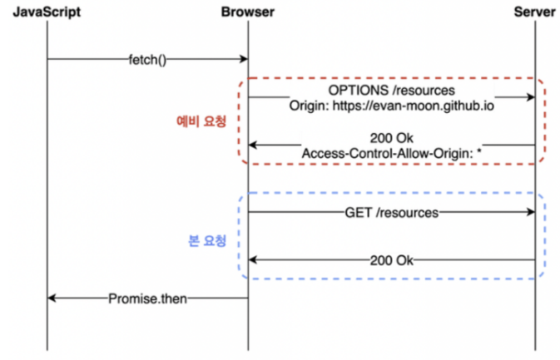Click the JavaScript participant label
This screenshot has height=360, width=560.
pos(47,12)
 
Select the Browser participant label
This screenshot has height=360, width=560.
pos(247,12)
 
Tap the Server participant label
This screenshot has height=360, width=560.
pos(534,12)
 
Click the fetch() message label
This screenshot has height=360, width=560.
pos(147,59)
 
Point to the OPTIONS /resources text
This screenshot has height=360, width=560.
pos(390,90)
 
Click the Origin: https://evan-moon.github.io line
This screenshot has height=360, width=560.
pos(390,105)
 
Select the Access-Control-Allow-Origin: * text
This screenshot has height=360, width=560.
pos(390,153)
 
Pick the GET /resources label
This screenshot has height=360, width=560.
pos(390,213)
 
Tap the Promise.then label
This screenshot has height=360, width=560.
pos(147,298)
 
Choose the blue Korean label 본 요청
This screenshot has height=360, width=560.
pos(204,242)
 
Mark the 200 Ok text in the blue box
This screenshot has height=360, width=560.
pos(390,261)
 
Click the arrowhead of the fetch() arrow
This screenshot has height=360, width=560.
pos(244,59)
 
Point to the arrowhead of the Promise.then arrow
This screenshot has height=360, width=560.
pos(52,298)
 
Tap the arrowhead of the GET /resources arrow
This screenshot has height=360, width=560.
pos(530,213)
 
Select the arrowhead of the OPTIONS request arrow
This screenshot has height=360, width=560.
pos(530,97)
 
